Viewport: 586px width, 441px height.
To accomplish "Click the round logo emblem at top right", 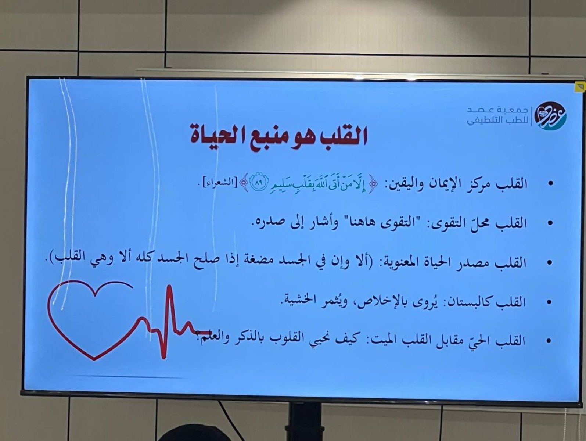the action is (x=551, y=116).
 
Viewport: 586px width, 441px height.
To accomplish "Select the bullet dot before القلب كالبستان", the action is (x=549, y=302).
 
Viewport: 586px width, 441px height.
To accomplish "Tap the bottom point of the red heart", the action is (x=94, y=359).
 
